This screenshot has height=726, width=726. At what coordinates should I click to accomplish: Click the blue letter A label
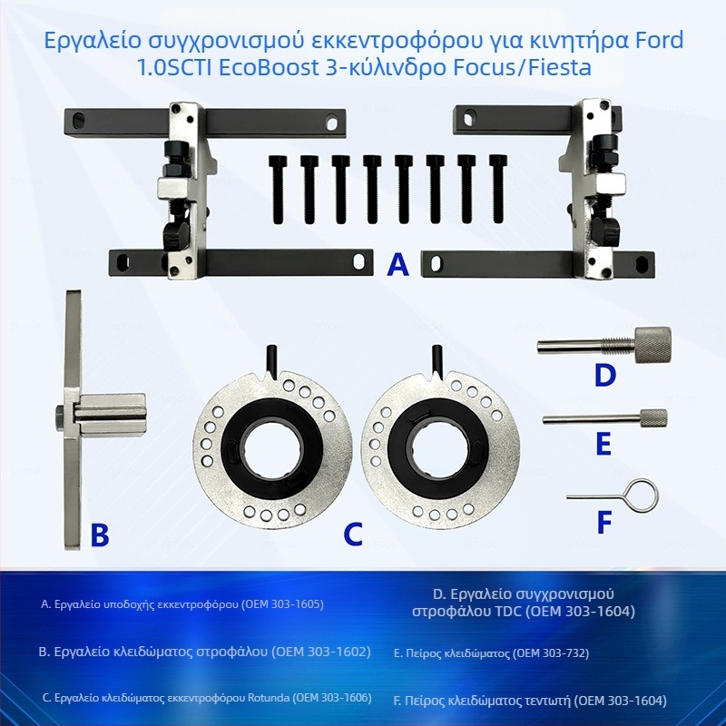397,264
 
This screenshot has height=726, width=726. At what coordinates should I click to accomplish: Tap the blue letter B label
99,535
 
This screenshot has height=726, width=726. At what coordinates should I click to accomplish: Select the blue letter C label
353,535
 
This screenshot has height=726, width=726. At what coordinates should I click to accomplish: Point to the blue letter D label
604,375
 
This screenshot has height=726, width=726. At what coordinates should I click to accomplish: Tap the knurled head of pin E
652,418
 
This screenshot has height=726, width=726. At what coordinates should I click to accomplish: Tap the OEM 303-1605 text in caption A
279,603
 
